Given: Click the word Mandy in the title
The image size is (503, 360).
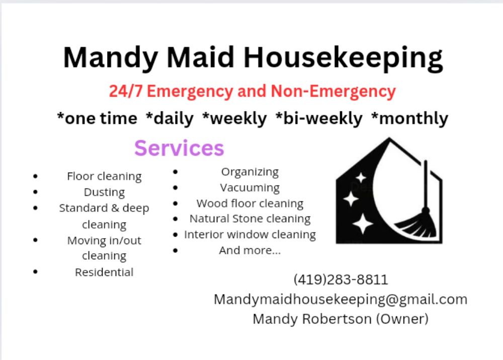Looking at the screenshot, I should (x=105, y=57).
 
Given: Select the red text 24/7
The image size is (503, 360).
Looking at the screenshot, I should (x=126, y=92).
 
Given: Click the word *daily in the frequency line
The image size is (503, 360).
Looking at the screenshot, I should (x=170, y=118).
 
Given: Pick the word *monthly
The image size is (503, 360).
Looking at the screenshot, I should (x=409, y=118).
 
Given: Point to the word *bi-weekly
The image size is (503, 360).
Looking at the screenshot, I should (x=319, y=118).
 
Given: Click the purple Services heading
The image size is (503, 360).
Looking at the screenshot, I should (x=179, y=148).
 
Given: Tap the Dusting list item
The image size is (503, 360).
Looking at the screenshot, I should (x=104, y=192).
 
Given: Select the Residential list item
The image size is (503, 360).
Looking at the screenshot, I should (x=104, y=272).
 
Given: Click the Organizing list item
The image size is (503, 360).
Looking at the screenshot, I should (x=250, y=172).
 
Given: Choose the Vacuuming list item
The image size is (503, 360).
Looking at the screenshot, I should (x=250, y=188).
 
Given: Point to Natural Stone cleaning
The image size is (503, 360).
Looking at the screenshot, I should (x=250, y=219).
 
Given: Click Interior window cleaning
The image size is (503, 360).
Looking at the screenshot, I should (x=250, y=235).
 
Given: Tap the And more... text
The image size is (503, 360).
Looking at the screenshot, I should (x=250, y=250).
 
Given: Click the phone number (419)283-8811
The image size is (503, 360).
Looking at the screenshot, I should (x=341, y=279).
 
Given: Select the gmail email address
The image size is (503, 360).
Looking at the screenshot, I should (x=341, y=299).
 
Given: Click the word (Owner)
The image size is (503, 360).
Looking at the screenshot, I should (x=405, y=319).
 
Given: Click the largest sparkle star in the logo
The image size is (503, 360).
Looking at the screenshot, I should (x=362, y=223).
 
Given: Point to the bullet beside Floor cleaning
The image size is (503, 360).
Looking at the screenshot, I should (x=35, y=176).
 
